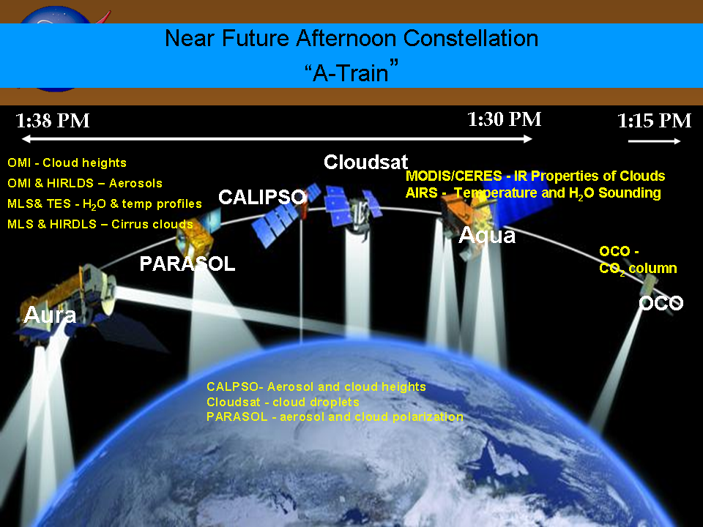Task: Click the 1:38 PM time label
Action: [x=53, y=121]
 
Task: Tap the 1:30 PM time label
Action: [x=505, y=119]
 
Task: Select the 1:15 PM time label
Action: [x=654, y=121]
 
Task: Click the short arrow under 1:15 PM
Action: [x=654, y=141]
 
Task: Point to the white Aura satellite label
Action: [x=50, y=315]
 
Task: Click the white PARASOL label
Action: [x=187, y=263]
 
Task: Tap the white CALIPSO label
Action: [x=262, y=197]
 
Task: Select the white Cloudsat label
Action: [x=366, y=162]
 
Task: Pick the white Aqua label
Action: [x=487, y=235]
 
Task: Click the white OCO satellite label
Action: [x=661, y=303]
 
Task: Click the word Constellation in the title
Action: [x=471, y=38]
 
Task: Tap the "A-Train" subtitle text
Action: [x=351, y=72]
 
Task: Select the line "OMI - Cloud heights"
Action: [x=67, y=162]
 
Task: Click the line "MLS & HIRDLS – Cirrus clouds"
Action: [x=100, y=224]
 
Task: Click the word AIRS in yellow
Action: [x=422, y=193]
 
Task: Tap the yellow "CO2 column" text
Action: [x=638, y=269]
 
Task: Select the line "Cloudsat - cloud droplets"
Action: [x=283, y=402]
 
